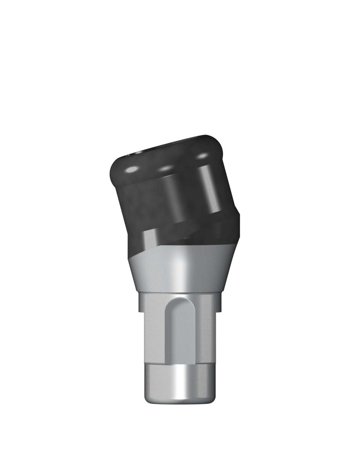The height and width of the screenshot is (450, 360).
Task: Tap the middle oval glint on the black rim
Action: (166, 167)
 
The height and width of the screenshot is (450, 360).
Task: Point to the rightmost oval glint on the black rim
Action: (202, 156)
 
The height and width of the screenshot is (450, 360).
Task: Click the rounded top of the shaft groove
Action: (178, 303)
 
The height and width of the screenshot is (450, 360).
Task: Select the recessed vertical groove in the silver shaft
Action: (178, 334)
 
